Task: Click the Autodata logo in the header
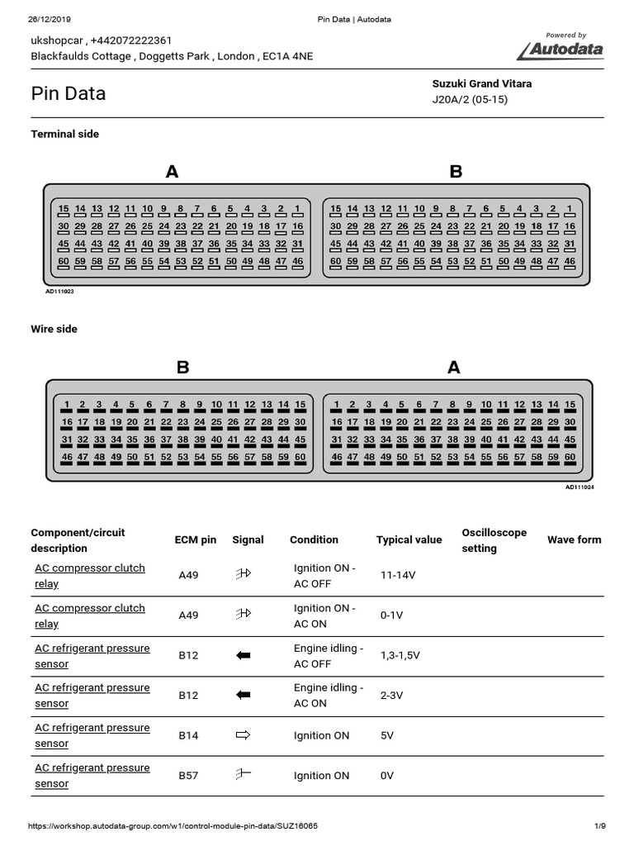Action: [561, 49]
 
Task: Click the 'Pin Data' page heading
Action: [69, 93]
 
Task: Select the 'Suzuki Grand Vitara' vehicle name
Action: [482, 83]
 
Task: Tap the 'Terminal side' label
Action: [64, 134]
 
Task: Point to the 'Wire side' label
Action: [54, 329]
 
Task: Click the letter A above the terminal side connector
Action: [172, 172]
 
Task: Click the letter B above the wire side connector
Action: [182, 368]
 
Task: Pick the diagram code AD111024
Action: [580, 487]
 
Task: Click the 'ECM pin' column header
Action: [196, 539]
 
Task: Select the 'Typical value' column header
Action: [409, 539]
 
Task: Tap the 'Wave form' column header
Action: [574, 539]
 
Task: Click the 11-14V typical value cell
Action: [398, 575]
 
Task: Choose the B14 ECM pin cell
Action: [188, 735]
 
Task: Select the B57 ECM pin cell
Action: [188, 775]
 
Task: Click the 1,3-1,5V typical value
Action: [400, 655]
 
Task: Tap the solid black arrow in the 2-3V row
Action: [243, 695]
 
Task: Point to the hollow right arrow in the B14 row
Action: [243, 735]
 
